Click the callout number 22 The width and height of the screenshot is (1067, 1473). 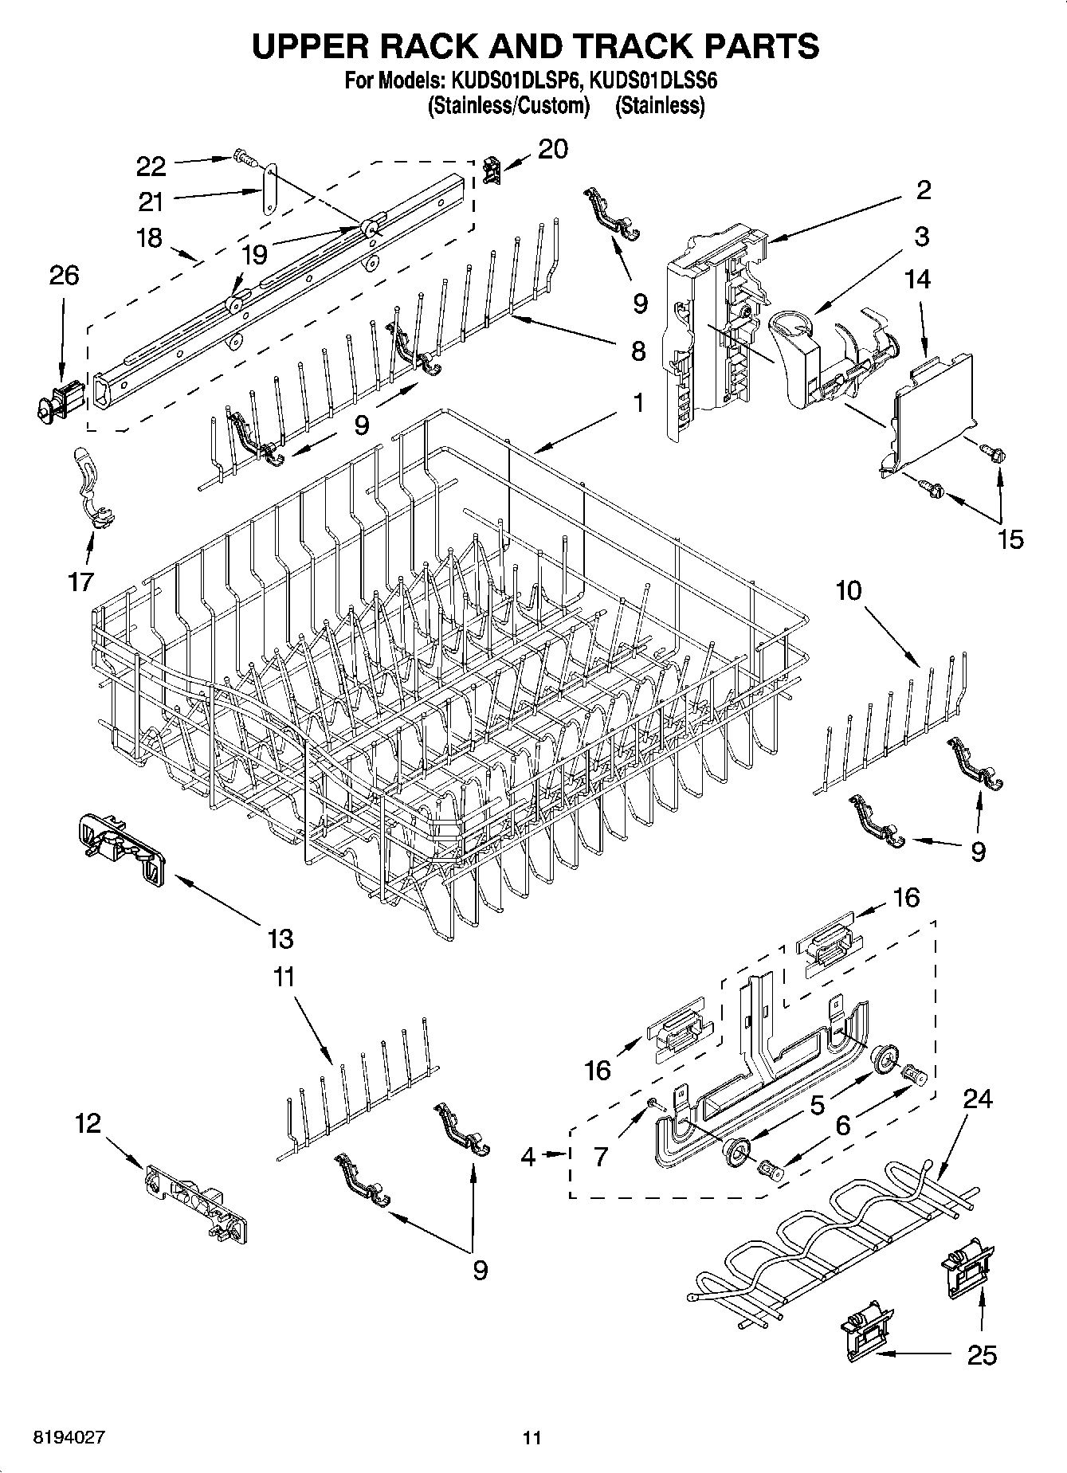(x=151, y=166)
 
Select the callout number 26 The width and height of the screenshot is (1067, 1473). (x=64, y=276)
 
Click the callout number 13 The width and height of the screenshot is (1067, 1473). (x=280, y=938)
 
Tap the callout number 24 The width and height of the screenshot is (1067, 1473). (x=979, y=1099)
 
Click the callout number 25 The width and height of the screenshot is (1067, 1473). (x=982, y=1355)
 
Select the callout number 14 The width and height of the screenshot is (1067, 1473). (x=917, y=279)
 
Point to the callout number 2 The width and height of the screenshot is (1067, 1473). (x=923, y=190)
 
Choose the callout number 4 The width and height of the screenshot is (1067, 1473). (x=528, y=1156)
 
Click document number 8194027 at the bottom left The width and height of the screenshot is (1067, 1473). (x=69, y=1437)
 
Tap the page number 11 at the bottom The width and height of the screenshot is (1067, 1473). (x=532, y=1438)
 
